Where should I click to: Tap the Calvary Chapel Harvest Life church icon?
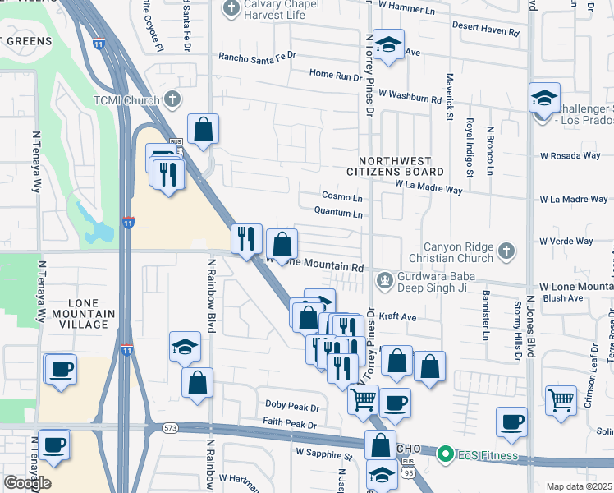click(231, 10)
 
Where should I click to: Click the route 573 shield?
click(170, 428)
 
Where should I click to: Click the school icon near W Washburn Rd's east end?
click(543, 98)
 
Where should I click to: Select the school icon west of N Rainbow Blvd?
click(185, 347)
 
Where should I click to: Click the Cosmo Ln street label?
click(341, 198)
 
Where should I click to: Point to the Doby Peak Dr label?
click(291, 406)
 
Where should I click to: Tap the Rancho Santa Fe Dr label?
click(256, 57)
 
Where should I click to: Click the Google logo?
click(27, 483)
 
